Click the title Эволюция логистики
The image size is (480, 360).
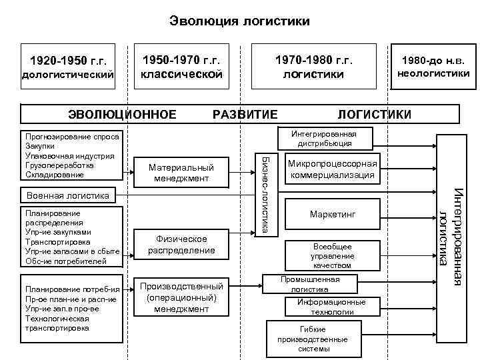[x=239, y=22]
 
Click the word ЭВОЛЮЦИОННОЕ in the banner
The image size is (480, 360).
[x=123, y=113]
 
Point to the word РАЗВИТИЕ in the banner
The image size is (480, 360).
[x=245, y=113]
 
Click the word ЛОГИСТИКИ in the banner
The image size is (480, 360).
[x=375, y=113]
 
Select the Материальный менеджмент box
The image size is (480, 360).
[x=181, y=173]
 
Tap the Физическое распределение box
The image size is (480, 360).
[x=181, y=245]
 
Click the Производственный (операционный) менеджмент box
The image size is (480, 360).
[x=181, y=297]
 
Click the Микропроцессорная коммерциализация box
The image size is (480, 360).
[x=333, y=170]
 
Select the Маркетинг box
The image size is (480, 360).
[x=333, y=215]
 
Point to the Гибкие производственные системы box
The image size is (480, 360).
[x=304, y=339]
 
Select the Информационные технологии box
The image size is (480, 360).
[x=331, y=306]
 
